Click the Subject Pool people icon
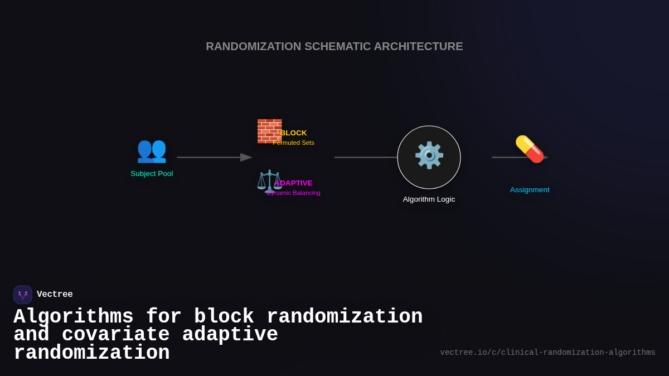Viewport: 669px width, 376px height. [x=152, y=150]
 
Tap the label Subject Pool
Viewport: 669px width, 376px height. [x=152, y=174]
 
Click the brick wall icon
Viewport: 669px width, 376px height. [x=269, y=131]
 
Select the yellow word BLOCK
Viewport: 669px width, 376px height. [x=294, y=133]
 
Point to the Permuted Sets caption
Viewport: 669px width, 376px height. [x=294, y=143]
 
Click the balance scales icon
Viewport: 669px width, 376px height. [x=269, y=181]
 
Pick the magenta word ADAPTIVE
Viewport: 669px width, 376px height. [x=294, y=183]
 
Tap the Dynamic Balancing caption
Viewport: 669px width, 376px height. [x=294, y=193]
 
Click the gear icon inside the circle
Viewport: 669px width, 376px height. [x=429, y=155]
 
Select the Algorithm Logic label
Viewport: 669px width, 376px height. [x=429, y=199]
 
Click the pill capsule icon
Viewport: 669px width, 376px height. [x=529, y=149]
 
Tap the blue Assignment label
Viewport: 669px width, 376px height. [x=530, y=190]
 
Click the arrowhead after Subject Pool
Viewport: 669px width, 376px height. [x=246, y=158]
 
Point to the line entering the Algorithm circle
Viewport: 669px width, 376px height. [x=365, y=158]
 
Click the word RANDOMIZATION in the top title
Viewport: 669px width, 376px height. [x=253, y=47]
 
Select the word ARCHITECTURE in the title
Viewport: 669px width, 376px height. [x=418, y=47]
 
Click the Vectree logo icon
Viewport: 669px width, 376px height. [x=23, y=295]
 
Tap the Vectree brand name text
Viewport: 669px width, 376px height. [x=55, y=295]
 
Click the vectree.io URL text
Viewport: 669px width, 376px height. [x=547, y=353]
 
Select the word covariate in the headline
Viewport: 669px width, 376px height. [x=115, y=335]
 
